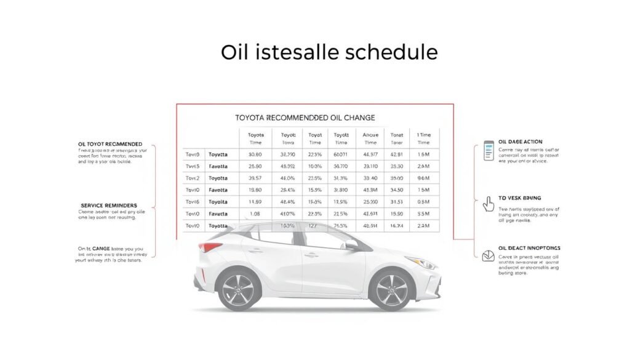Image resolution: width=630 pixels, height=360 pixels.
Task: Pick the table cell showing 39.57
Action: pos(255,178)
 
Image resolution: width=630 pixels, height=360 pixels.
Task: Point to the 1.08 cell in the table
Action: pos(255,214)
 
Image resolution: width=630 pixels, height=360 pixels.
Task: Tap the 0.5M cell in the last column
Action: pos(423,202)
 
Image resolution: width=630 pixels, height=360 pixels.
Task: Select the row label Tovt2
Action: pos(193,178)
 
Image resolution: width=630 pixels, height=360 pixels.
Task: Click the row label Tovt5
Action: pos(193,166)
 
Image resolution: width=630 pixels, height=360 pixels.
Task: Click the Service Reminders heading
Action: pos(109,205)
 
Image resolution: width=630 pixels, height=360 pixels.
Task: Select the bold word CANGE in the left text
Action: pos(105,248)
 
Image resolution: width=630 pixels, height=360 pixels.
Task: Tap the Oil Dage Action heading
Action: pos(520,142)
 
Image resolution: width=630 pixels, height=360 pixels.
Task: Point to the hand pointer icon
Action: pos(488,204)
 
